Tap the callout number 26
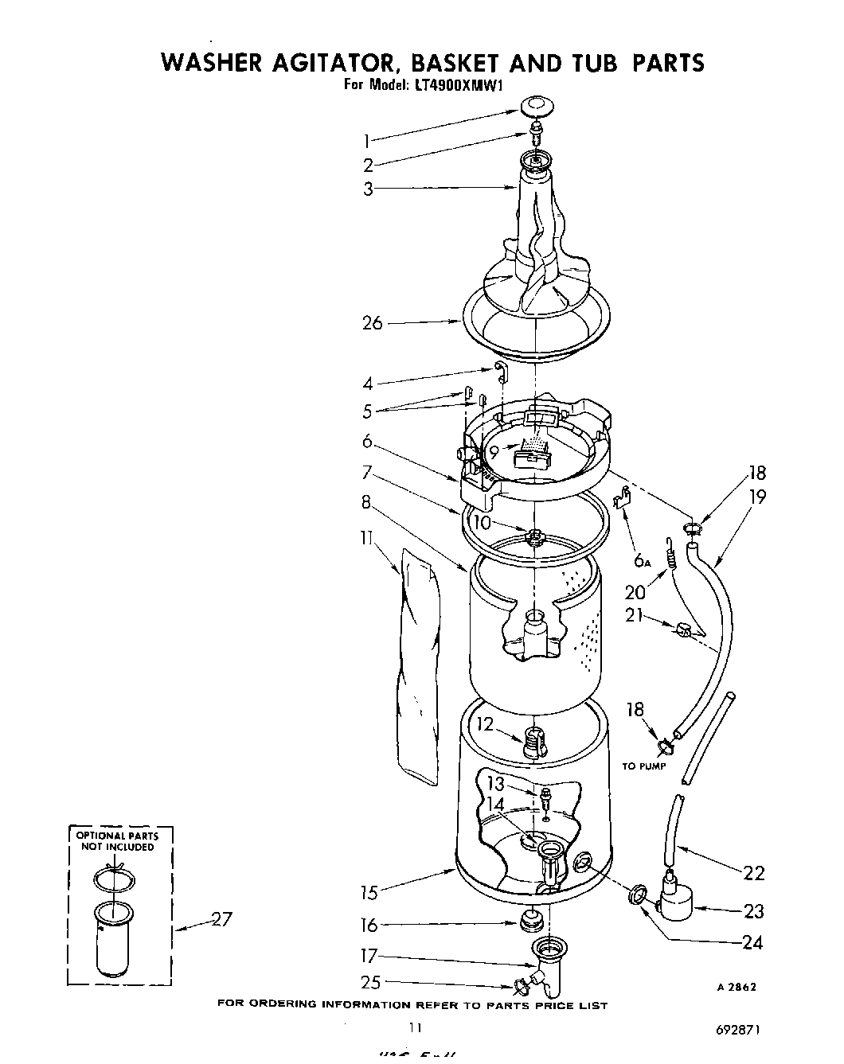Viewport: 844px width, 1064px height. pyautogui.click(x=373, y=323)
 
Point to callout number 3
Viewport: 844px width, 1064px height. pyautogui.click(x=368, y=189)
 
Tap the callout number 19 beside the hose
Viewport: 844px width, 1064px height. pyautogui.click(x=756, y=497)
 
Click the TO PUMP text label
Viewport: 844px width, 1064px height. pyautogui.click(x=644, y=766)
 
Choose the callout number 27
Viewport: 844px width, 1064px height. pyautogui.click(x=221, y=919)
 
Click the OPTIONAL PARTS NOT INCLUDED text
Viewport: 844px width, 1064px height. pyautogui.click(x=117, y=841)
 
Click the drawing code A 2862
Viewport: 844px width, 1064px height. pyautogui.click(x=737, y=987)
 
